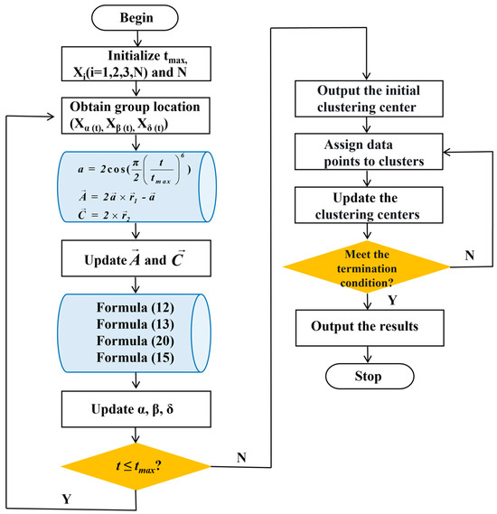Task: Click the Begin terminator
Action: click(x=136, y=18)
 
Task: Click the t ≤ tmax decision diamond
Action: click(x=136, y=466)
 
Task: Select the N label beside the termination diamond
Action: click(x=468, y=257)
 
